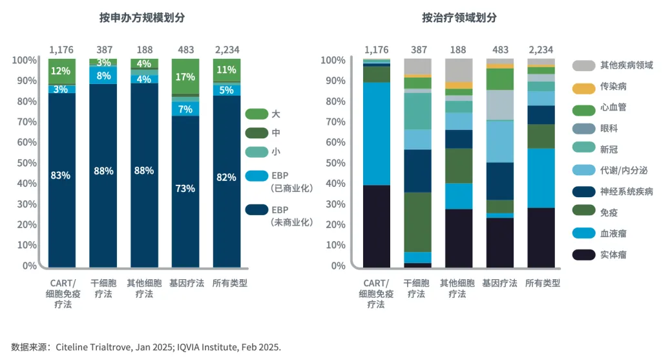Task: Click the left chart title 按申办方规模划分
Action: point(142,18)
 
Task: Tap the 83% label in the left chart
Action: point(61,175)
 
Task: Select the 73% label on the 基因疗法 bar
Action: point(185,188)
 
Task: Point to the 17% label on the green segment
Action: point(185,77)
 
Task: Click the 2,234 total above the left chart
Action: point(226,50)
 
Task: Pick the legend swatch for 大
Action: point(256,114)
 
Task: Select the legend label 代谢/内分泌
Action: point(626,171)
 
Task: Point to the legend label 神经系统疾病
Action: point(626,192)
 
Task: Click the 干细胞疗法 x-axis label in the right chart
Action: point(417,288)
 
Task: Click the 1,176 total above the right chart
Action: point(376,50)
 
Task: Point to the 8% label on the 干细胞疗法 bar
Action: point(103,76)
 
